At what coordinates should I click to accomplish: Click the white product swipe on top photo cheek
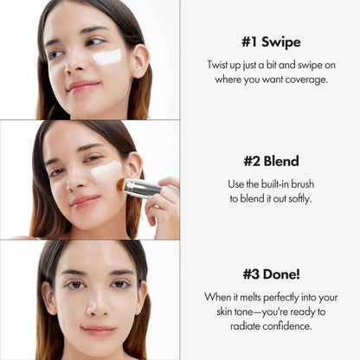point(106,57)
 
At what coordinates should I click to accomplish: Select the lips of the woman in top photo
point(83,86)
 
